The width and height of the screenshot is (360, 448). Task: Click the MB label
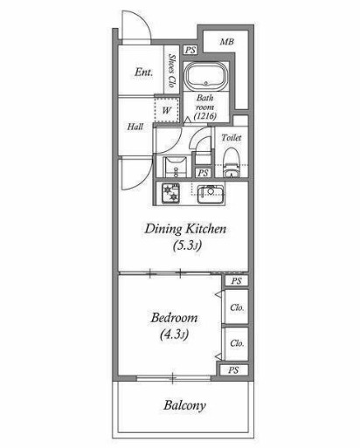[x=227, y=42]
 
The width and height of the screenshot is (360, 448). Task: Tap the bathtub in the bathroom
[x=206, y=76]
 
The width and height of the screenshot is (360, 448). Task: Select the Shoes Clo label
[x=172, y=71]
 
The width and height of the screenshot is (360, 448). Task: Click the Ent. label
[x=143, y=72]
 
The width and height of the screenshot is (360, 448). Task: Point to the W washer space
[x=166, y=110]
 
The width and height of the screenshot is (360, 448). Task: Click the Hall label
[x=135, y=127]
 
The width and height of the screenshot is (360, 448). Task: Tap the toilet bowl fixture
[x=232, y=162]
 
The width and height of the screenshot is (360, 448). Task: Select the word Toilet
[x=232, y=137]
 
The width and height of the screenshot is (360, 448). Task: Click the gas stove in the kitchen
[x=171, y=193]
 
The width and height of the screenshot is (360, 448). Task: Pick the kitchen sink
[x=211, y=194]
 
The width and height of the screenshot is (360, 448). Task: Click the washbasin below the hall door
[x=176, y=167]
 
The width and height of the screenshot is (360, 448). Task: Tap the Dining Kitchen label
[x=185, y=229]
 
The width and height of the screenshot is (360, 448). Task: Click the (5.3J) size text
[x=187, y=246]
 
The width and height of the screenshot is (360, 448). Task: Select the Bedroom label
[x=174, y=318]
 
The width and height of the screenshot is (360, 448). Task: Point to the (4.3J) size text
[x=174, y=334]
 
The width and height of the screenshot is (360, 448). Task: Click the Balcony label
[x=184, y=405]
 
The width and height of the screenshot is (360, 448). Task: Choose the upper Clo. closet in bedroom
[x=237, y=307]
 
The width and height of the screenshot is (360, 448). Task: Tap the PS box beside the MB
[x=190, y=50]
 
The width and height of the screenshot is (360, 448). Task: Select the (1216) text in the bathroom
[x=205, y=116]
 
